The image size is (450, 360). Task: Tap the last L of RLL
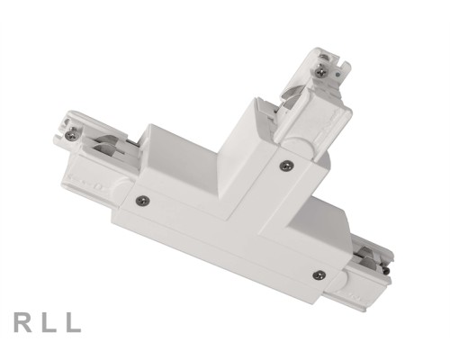point(74,320)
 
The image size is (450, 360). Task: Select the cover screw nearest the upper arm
point(285,165)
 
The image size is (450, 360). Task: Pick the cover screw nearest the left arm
point(141,200)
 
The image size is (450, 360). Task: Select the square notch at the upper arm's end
point(338,59)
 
